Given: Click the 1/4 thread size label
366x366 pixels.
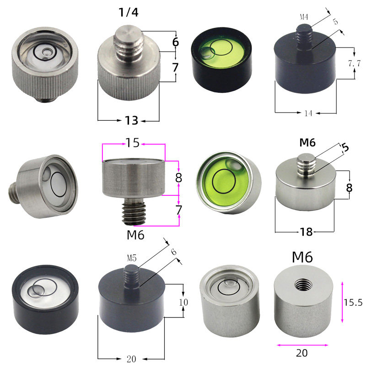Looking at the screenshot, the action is click(129, 12).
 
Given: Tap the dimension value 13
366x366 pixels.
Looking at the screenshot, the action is click(132, 120).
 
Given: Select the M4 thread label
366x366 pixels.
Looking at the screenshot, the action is click(304, 17).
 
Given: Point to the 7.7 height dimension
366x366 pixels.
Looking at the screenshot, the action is click(354, 63).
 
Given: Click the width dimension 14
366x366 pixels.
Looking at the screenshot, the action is click(308, 113).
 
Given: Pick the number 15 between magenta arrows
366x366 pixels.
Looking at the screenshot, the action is click(133, 143).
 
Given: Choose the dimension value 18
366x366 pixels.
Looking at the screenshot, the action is click(306, 232).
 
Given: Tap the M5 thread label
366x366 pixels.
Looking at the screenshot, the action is click(132, 258).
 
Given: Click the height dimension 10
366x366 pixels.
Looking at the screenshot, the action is click(183, 302).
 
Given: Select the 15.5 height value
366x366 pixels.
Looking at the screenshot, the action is click(353, 302).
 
